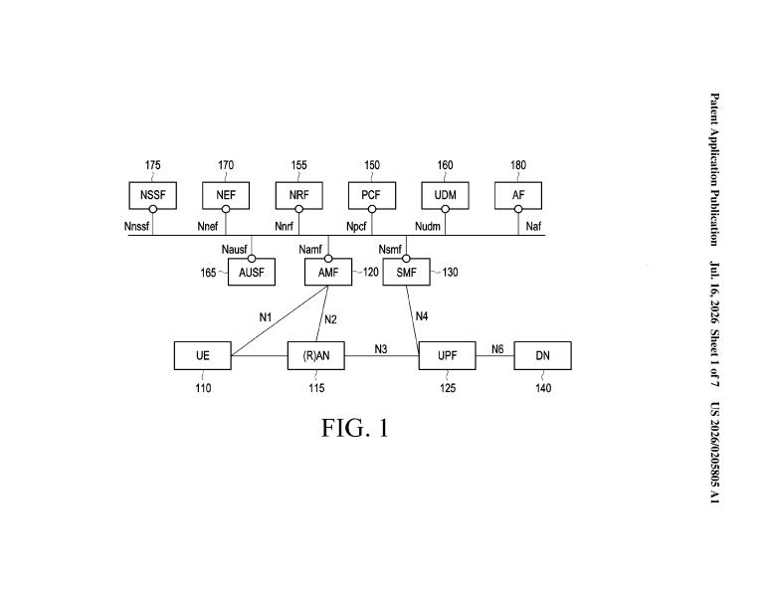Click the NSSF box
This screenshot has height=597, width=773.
pos(153,195)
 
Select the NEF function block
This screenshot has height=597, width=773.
pos(226,195)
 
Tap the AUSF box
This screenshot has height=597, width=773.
pos(252,272)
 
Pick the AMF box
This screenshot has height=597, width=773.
pos(328,272)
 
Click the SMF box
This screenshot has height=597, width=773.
pos(406,272)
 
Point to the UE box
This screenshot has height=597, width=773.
pos(203,355)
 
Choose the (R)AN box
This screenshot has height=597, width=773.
pos(316,355)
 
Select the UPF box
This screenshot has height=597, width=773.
pos(447,355)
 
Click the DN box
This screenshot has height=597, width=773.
pos(543,355)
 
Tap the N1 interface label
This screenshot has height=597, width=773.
pos(266,317)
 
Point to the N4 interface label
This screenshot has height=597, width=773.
pos(422,316)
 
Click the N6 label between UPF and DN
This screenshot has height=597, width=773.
pos(497,349)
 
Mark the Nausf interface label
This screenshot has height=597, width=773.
pos(234,250)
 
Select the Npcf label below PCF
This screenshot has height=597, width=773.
pos(356,226)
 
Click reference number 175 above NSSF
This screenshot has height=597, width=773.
pos(153,165)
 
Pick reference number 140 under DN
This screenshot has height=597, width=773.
pos(543,388)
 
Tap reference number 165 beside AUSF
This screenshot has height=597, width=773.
pos(208,273)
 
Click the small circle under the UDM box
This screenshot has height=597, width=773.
pos(445,209)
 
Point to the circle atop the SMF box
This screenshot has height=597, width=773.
pos(406,259)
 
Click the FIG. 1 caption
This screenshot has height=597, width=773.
pos(355,428)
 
